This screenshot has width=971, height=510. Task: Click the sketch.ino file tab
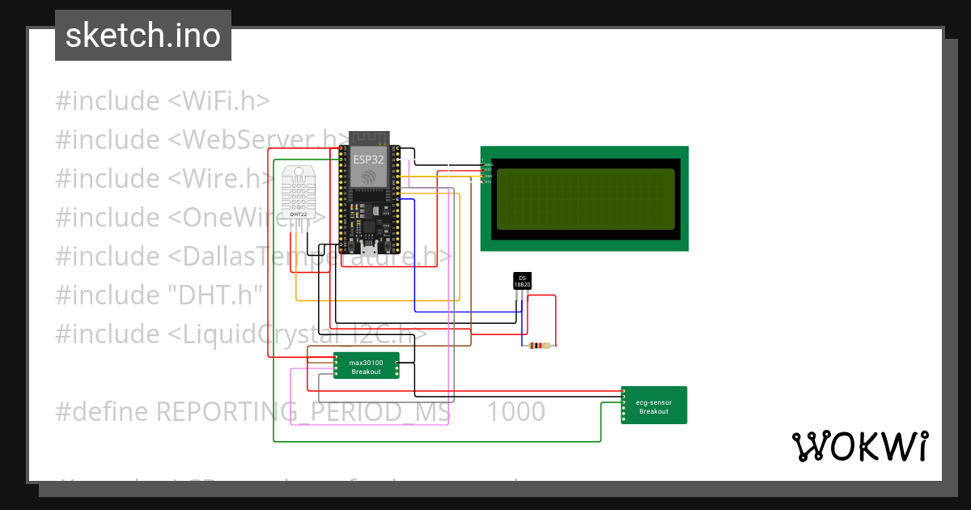142,36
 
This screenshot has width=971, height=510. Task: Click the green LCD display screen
585,199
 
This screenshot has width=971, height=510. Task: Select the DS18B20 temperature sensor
522,282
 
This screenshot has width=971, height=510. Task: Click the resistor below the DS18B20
538,346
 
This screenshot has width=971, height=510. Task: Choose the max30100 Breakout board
366,367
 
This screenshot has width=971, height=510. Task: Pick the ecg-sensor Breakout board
654,406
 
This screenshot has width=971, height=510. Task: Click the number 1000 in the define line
516,412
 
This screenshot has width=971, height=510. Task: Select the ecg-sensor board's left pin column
624,406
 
